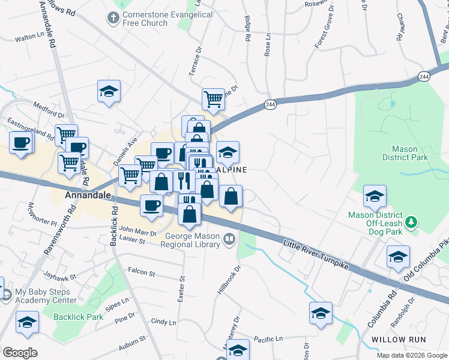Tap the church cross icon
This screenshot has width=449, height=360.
[x=113, y=17]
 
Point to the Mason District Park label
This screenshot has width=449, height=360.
[x=409, y=153]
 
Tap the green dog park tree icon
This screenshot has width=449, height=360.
[x=411, y=223]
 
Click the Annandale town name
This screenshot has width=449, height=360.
[x=88, y=196]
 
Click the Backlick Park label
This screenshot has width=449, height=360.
[x=78, y=316]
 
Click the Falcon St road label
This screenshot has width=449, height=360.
[x=142, y=273]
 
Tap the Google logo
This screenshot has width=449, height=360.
[x=19, y=352]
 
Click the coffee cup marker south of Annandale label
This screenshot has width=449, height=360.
[x=151, y=206]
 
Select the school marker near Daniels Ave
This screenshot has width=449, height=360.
[x=109, y=92]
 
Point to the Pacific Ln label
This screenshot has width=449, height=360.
[x=268, y=340]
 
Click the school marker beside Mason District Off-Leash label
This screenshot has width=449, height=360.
[x=375, y=196]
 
